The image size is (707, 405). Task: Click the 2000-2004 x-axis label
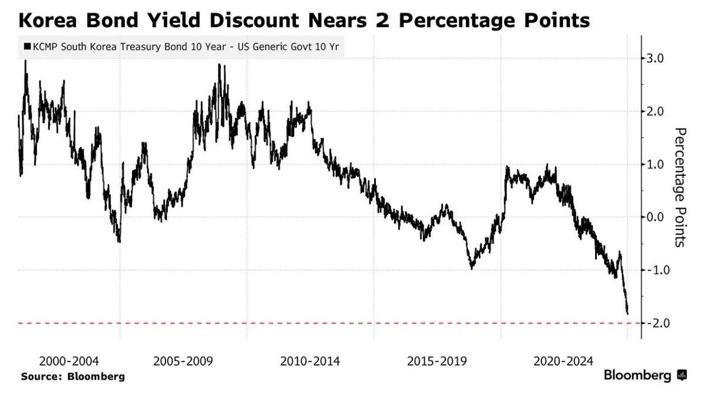69,361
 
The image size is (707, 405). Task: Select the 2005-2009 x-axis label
183,361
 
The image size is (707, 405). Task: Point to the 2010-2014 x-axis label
310,361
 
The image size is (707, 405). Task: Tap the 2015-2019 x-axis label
437,361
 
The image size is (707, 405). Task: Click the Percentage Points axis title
680,187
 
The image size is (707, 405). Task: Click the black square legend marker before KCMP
27,46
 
